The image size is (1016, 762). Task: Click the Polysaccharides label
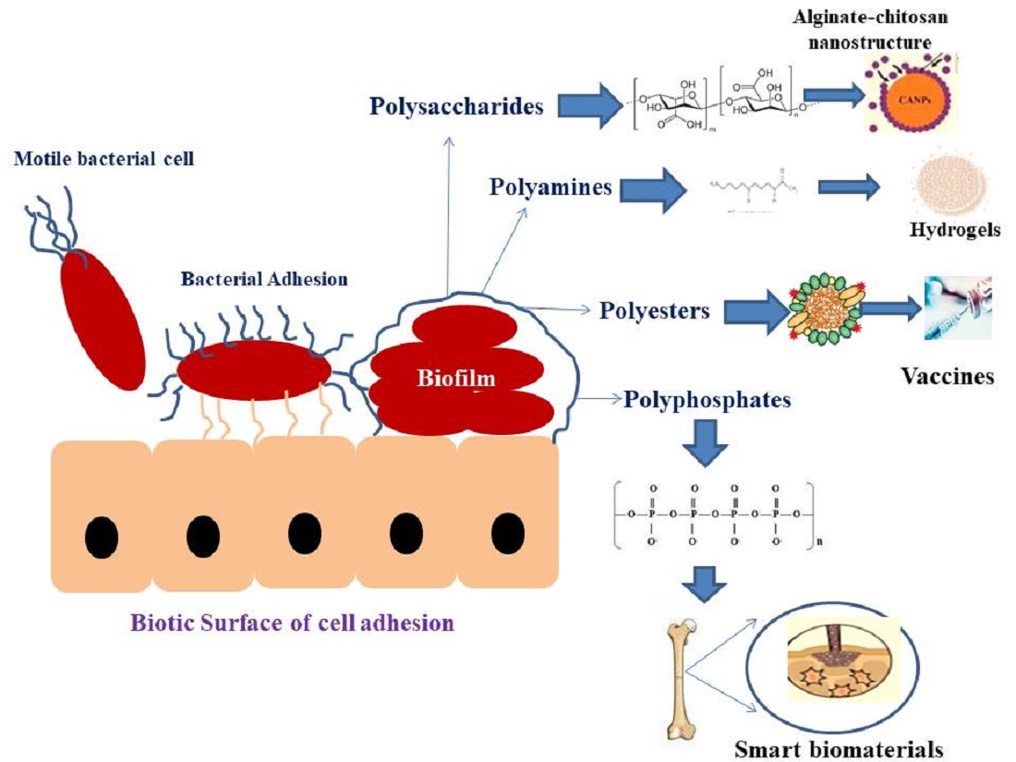pyautogui.click(x=456, y=106)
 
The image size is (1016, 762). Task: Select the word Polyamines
pyautogui.click(x=550, y=187)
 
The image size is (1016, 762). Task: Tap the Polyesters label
pyautogui.click(x=654, y=310)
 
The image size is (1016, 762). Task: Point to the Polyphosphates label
pyautogui.click(x=707, y=400)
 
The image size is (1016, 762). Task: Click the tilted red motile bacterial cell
pyautogui.click(x=102, y=318)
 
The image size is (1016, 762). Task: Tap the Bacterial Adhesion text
pyautogui.click(x=264, y=278)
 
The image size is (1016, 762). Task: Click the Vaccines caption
pyautogui.click(x=947, y=376)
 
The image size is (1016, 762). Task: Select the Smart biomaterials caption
pyautogui.click(x=839, y=748)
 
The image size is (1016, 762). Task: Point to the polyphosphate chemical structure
pyautogui.click(x=711, y=514)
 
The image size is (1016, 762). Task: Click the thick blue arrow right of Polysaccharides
pyautogui.click(x=593, y=105)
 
